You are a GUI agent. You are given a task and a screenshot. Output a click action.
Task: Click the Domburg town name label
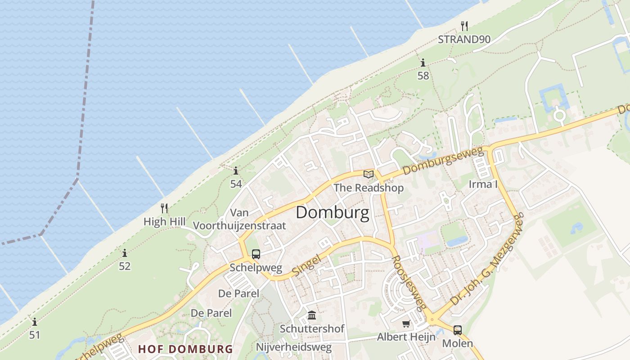(333, 212)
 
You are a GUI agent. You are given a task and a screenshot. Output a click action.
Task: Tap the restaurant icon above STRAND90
(464, 26)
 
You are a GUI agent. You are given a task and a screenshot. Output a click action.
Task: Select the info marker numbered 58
(423, 63)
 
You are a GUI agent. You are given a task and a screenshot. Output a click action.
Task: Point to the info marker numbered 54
(236, 171)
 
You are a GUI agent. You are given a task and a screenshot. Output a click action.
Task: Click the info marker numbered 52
(124, 253)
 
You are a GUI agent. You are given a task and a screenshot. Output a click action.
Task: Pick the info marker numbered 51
(35, 322)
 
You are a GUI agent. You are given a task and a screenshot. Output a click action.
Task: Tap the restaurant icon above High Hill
(164, 208)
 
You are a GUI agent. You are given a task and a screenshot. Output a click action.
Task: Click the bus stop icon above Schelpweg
(256, 254)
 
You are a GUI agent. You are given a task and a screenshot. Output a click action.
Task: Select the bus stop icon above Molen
(458, 330)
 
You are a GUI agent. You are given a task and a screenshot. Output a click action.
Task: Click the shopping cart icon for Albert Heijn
(406, 324)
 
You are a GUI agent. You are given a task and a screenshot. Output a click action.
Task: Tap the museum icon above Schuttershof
(312, 315)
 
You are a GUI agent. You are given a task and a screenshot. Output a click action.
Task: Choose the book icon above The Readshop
(369, 174)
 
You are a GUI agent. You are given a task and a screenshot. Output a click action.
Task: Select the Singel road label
(306, 265)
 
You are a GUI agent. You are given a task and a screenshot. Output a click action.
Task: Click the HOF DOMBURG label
(185, 349)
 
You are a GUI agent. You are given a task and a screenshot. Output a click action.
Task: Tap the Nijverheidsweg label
(293, 347)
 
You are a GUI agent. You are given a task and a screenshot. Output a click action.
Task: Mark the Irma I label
(483, 184)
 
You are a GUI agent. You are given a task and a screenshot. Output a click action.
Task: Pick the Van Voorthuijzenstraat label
(239, 219)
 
